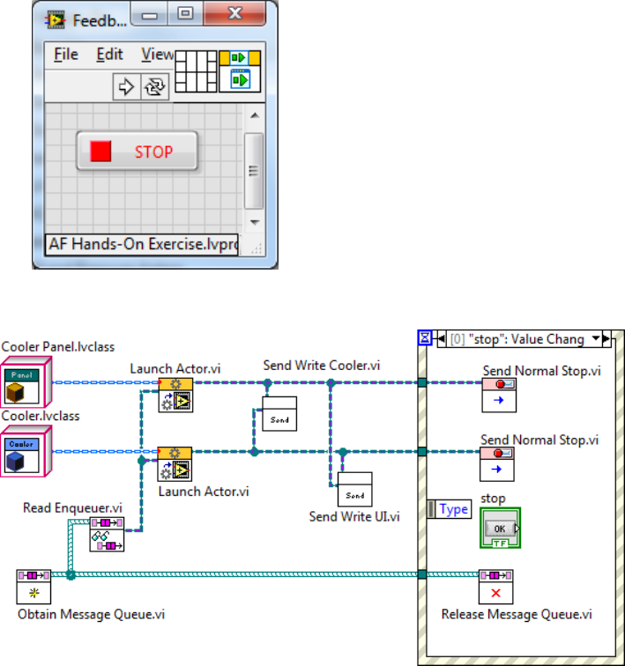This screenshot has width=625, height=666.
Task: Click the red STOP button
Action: (137, 152)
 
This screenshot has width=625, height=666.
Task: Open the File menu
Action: (66, 55)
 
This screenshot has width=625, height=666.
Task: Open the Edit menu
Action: (109, 55)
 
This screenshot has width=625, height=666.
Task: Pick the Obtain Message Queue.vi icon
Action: (35, 586)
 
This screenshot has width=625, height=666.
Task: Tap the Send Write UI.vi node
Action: (355, 488)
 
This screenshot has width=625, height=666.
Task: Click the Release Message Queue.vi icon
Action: (496, 586)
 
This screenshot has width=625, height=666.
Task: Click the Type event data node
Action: (450, 509)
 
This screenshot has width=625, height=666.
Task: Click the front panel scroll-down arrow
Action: (253, 222)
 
